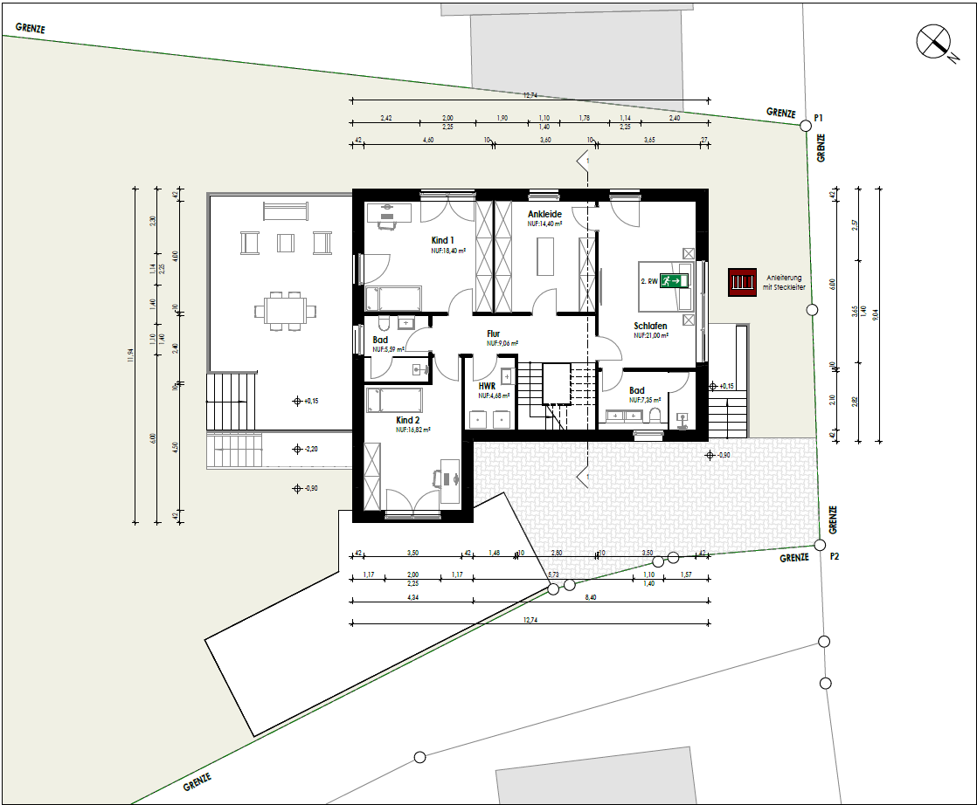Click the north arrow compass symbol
934,41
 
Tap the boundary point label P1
819,117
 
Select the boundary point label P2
835,557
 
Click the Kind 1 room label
443,240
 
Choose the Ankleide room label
544,214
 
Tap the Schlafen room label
651,326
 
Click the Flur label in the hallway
494,334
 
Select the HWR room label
487,385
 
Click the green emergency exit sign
674,281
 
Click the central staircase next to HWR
556,396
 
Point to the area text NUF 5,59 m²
388,349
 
